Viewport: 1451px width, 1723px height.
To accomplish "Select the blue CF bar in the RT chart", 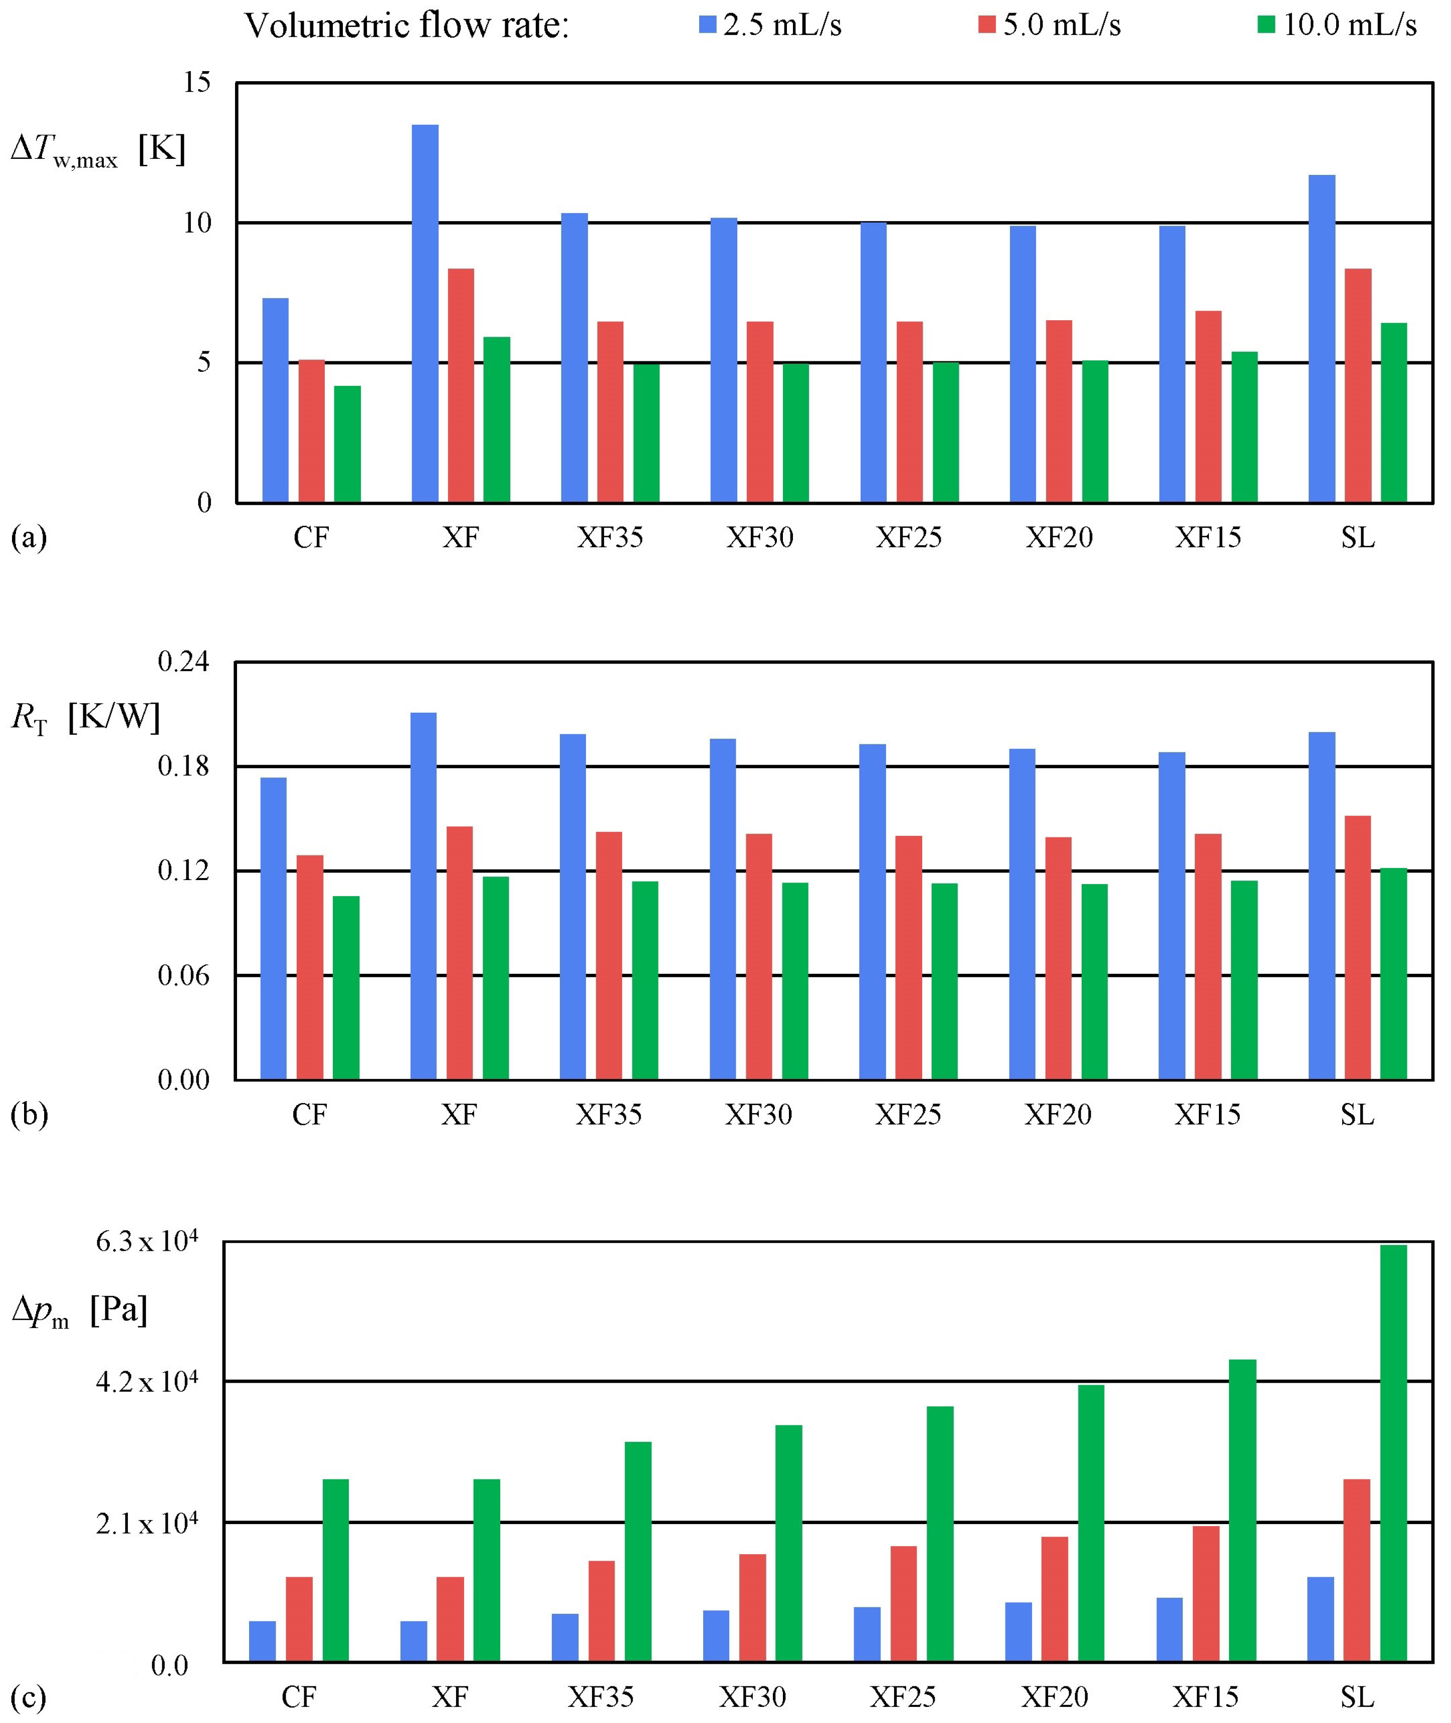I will pos(274,929).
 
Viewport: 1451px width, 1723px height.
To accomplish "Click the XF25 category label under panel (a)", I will pos(909,538).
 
